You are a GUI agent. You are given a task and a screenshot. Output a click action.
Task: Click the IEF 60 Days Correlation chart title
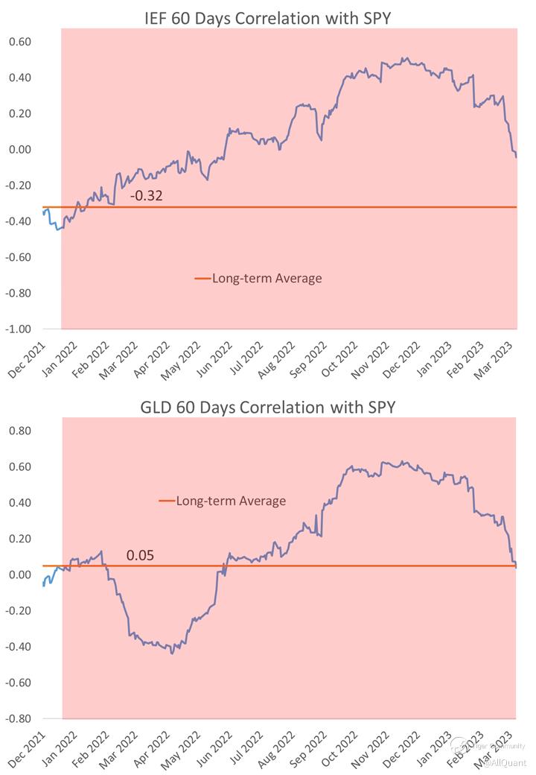[x=267, y=19]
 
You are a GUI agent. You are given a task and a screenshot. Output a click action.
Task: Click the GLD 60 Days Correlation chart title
[x=267, y=407]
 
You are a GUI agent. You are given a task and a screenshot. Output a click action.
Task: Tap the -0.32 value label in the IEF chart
[x=146, y=197]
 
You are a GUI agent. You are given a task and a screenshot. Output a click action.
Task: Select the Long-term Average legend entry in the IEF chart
[x=258, y=278]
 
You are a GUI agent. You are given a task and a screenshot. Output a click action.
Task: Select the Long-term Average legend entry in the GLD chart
[x=223, y=501]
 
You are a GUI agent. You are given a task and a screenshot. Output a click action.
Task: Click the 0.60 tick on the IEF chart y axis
[x=20, y=42]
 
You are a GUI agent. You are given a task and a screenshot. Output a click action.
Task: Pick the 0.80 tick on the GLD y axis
[x=20, y=431]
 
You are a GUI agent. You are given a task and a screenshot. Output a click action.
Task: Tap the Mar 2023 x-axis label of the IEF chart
[x=502, y=358]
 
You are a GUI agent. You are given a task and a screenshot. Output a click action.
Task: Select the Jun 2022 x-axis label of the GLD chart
[x=220, y=747]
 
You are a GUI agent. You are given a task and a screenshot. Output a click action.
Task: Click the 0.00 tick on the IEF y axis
[x=20, y=149]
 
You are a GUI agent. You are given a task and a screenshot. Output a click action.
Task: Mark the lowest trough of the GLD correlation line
[x=172, y=654]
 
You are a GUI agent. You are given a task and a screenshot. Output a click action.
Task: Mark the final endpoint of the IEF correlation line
[x=517, y=156]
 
